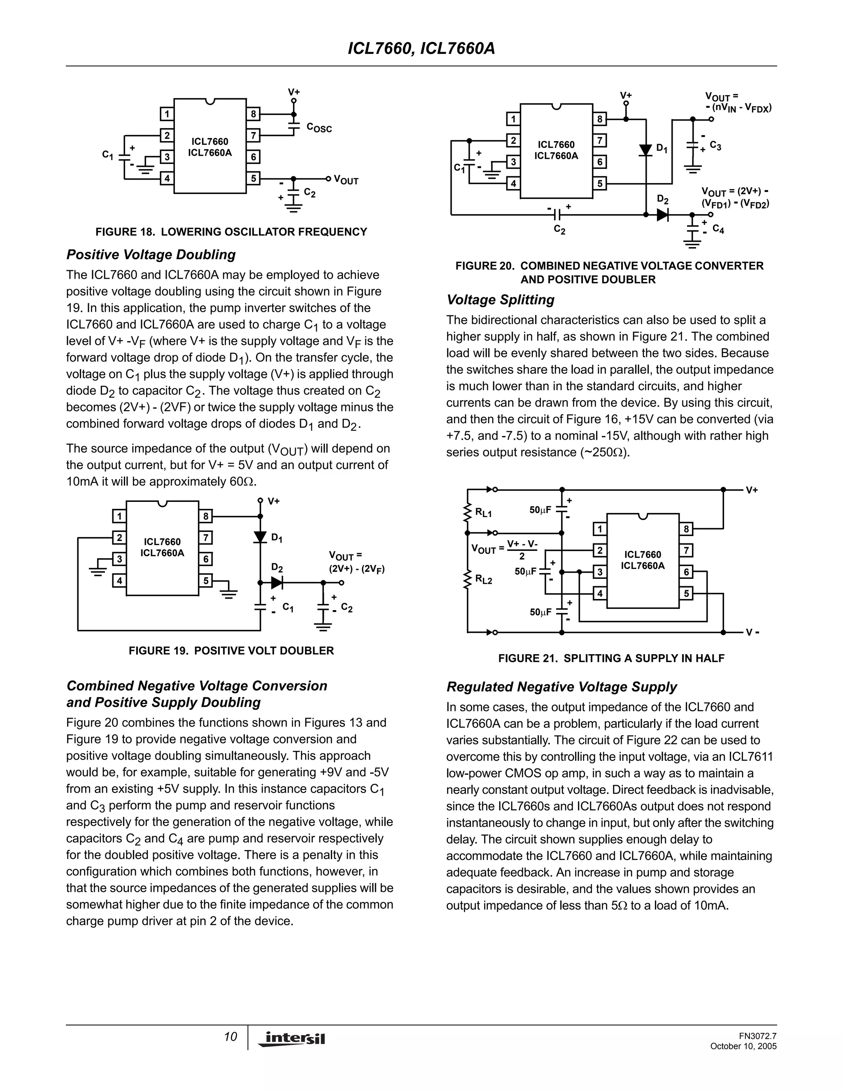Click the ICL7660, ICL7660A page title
[x=421, y=49]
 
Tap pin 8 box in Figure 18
[x=253, y=114]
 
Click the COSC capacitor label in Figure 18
[x=319, y=128]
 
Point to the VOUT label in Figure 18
[x=346, y=180]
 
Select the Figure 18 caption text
[x=231, y=232]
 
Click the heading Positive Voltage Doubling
[x=151, y=255]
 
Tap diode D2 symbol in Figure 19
[x=277, y=583]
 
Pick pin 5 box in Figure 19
[x=205, y=581]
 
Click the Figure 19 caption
[x=231, y=651]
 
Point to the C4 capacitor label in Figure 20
[x=718, y=229]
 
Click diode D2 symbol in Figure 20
[x=662, y=215]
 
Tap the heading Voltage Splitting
[x=501, y=300]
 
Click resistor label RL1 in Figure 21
[x=483, y=513]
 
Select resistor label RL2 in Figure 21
[x=483, y=580]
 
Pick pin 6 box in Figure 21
[x=686, y=572]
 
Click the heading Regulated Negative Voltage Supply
[x=561, y=687]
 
